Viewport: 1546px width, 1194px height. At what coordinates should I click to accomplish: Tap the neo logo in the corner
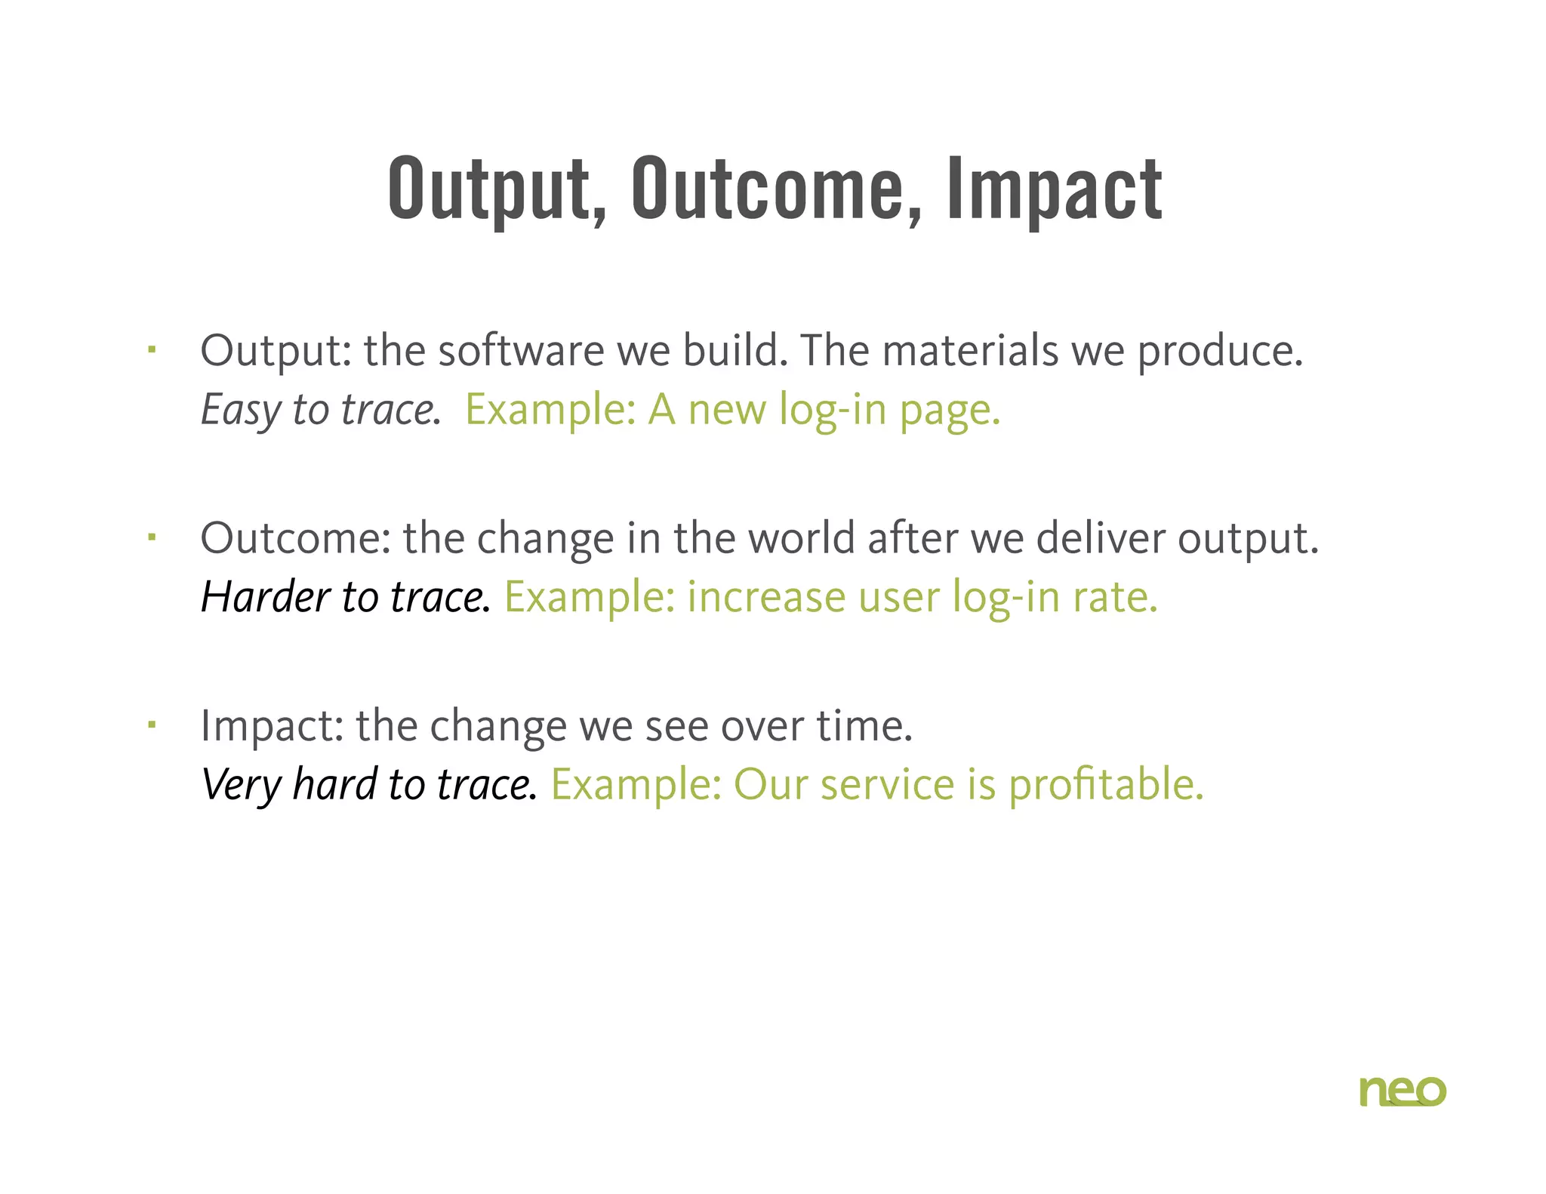coord(1402,1091)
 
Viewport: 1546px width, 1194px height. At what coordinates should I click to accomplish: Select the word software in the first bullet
coord(521,351)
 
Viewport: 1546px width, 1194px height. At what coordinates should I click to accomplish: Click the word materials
coord(970,351)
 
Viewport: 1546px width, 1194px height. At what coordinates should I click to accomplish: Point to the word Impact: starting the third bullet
coord(272,726)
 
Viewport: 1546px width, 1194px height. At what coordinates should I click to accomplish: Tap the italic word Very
coord(241,785)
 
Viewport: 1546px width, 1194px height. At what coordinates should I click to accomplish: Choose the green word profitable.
coord(1106,785)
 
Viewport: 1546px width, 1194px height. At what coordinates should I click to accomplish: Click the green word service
coord(887,785)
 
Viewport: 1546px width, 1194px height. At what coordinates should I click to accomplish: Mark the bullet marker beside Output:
coord(152,349)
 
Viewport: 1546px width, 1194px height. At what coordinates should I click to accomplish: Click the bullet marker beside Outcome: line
coord(152,537)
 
